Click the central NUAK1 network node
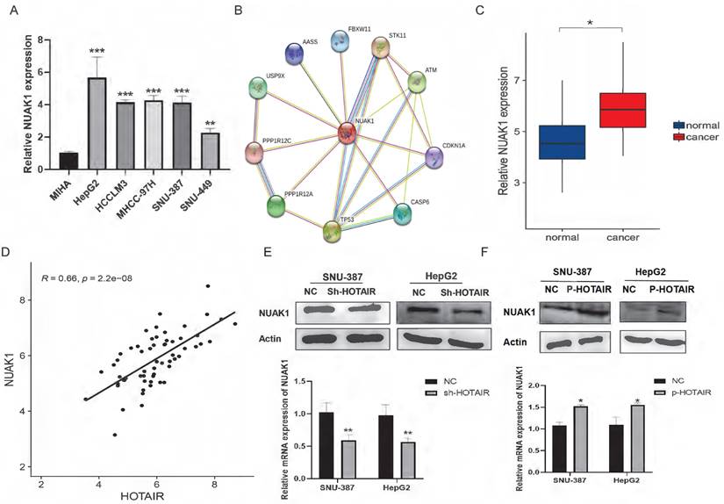[x=347, y=133]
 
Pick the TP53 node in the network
[x=332, y=231]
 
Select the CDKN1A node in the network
[x=434, y=158]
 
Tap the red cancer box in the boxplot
[x=621, y=110]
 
